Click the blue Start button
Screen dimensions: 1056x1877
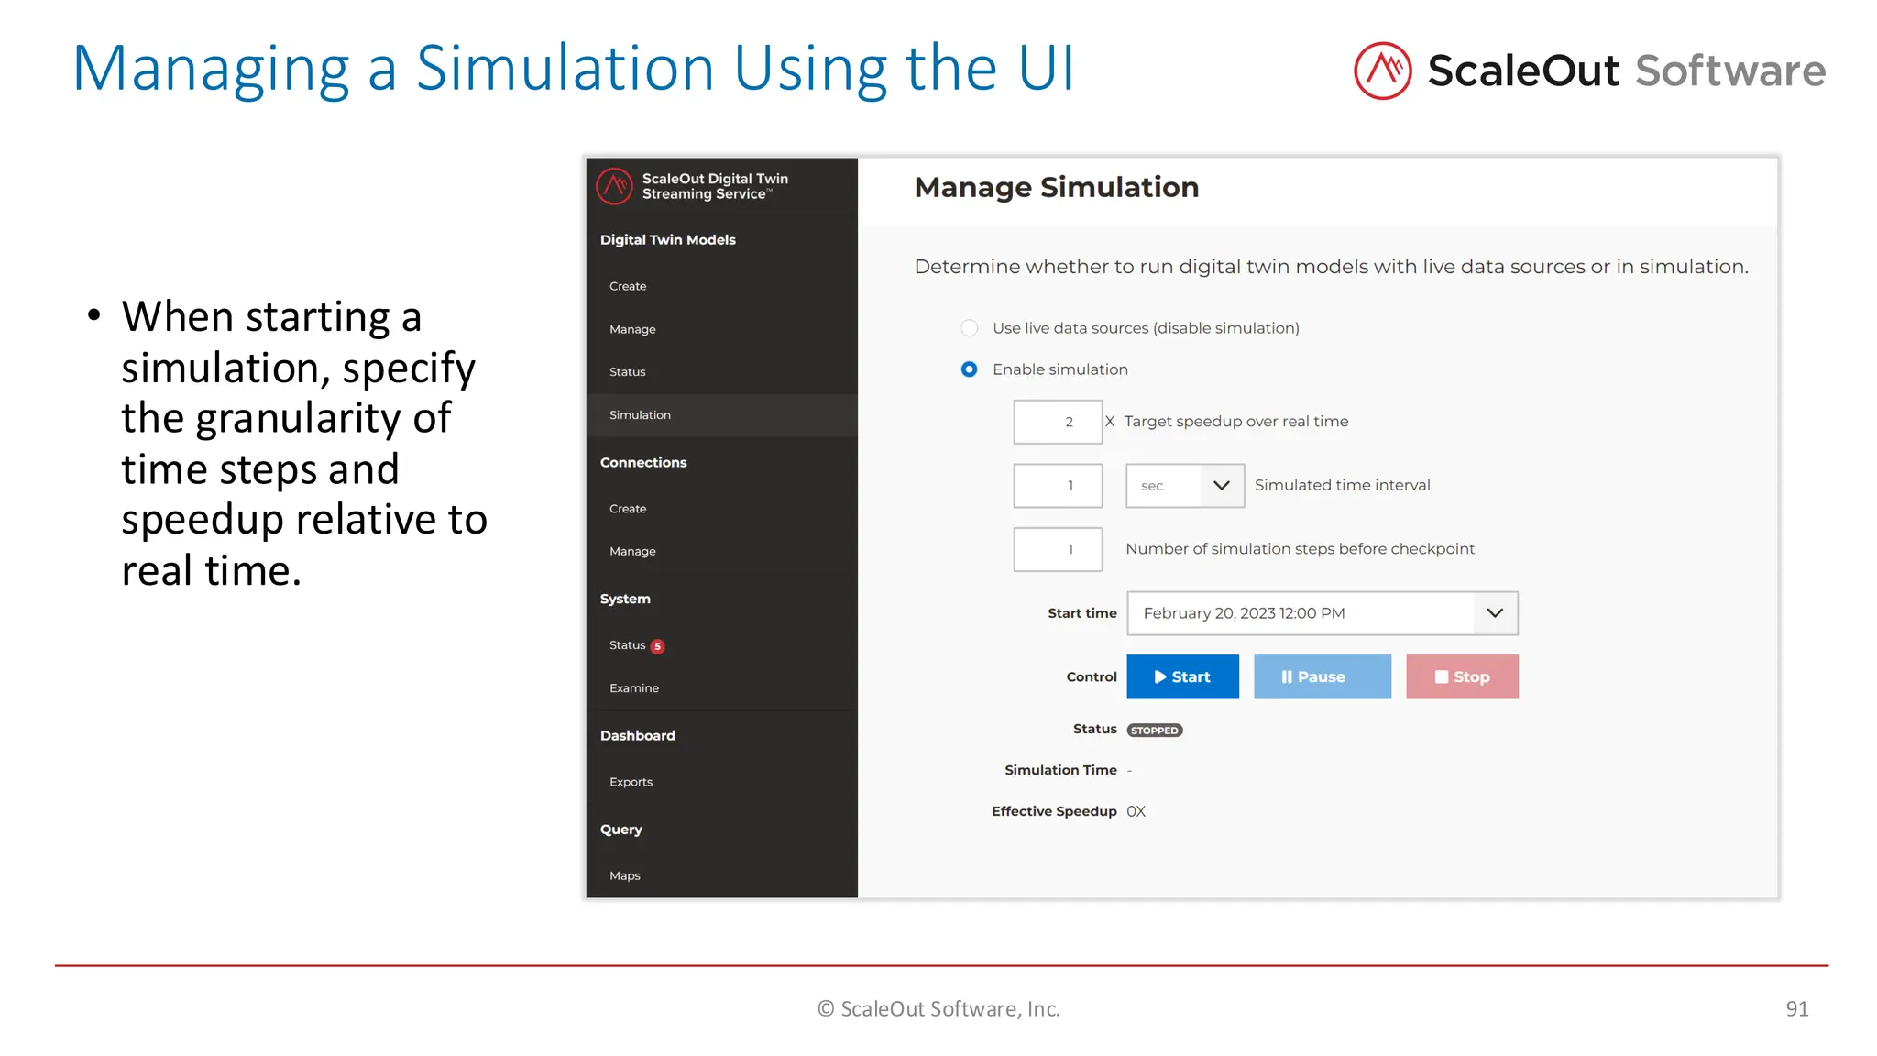click(x=1182, y=676)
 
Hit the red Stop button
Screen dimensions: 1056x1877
click(x=1462, y=676)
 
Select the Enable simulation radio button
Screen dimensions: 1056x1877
click(x=969, y=369)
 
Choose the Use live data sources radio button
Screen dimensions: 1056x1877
click(x=969, y=328)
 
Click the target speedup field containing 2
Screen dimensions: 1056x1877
click(x=1058, y=422)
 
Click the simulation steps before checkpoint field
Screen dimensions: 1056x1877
click(x=1058, y=549)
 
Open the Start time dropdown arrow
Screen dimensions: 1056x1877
click(x=1495, y=613)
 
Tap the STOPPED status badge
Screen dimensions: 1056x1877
click(x=1155, y=731)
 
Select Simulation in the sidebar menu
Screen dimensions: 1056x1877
click(x=640, y=415)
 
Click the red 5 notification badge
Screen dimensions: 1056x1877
click(x=657, y=646)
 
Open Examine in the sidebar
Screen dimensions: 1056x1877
click(x=634, y=688)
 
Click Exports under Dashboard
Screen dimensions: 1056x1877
click(x=631, y=782)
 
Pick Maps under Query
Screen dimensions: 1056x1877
click(x=625, y=876)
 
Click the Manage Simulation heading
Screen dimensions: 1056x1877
click(x=1056, y=188)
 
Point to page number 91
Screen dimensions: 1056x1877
click(x=1796, y=1009)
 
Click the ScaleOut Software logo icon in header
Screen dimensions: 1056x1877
click(x=1382, y=71)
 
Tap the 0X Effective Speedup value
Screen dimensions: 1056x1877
click(x=1136, y=811)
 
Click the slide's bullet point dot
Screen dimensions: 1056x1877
click(x=93, y=316)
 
